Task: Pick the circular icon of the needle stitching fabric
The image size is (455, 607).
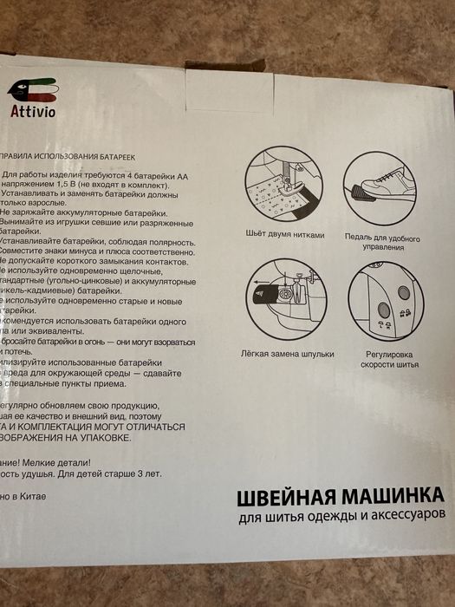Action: click(x=286, y=186)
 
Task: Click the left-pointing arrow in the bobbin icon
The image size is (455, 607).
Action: click(x=259, y=283)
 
